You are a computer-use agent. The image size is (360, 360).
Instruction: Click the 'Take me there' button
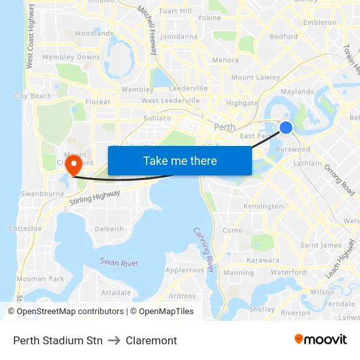[x=180, y=160]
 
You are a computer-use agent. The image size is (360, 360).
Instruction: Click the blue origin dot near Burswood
[x=286, y=128]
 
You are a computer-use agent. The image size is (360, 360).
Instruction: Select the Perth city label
[x=225, y=126]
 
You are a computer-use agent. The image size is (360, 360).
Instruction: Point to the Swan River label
[x=119, y=262]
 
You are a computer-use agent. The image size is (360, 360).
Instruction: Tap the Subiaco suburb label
[x=157, y=118]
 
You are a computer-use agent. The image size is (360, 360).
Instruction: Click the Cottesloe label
[x=25, y=229]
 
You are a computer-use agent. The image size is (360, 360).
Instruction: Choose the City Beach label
[x=33, y=96]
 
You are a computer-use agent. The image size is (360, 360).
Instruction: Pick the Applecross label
[x=185, y=270]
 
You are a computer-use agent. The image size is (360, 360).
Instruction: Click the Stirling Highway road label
[x=95, y=199]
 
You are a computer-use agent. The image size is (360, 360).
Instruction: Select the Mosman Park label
[x=40, y=279]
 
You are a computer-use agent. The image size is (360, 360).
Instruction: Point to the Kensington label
[x=263, y=206]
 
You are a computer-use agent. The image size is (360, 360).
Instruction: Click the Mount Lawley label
[x=255, y=77]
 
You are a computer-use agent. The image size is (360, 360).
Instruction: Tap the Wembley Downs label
[x=71, y=58]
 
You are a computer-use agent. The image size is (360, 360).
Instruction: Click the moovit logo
[x=320, y=340]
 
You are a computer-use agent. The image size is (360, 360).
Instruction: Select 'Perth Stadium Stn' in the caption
[x=58, y=340]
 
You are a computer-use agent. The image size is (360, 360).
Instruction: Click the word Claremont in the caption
[x=151, y=340]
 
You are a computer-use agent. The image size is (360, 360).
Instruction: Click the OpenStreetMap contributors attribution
[x=69, y=312]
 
